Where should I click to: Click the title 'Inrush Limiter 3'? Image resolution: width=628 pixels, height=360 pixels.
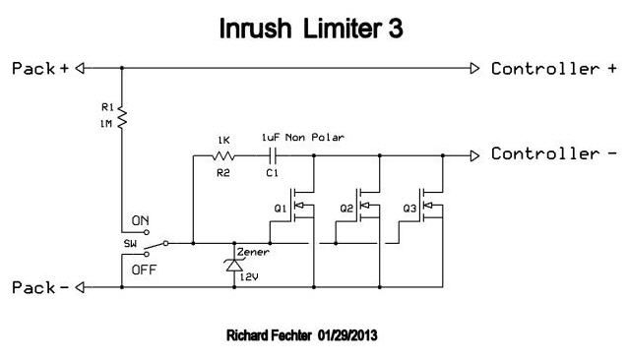[x=311, y=29]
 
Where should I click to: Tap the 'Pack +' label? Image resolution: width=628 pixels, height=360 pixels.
[x=40, y=69]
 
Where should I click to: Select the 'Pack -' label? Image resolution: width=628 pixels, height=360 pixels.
[x=40, y=287]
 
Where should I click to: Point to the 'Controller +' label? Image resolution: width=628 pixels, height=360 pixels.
[x=554, y=69]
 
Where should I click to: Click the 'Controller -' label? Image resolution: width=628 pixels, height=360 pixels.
[x=554, y=154]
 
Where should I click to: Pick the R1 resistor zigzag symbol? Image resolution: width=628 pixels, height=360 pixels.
[x=122, y=118]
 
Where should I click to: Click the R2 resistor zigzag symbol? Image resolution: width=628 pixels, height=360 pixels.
[x=223, y=155]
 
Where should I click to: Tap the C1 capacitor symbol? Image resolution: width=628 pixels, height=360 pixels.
[x=273, y=155]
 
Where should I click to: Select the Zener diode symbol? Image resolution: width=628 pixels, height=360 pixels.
[x=234, y=265]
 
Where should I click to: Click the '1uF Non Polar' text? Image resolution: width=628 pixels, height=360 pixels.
[x=303, y=138]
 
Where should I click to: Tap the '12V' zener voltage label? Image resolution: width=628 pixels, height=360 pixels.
[x=249, y=276]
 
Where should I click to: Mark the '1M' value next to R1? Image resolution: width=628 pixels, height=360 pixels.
[x=105, y=124]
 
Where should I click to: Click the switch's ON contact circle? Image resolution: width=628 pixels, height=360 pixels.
[x=147, y=232]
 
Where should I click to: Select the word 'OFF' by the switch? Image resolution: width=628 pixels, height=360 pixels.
[x=144, y=270]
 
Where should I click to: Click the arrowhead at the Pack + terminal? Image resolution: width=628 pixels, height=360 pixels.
[x=80, y=68]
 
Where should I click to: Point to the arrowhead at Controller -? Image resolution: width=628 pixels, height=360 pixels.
[x=474, y=155]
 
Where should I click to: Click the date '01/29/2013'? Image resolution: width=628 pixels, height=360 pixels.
[x=347, y=335]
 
